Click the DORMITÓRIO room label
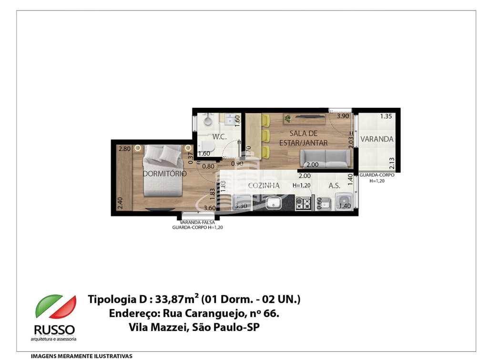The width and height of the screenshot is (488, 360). click(x=165, y=174)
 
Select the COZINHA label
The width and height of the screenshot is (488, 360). click(x=264, y=185)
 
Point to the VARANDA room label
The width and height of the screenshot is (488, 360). click(x=376, y=139)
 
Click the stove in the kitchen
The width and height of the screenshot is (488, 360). click(x=303, y=204)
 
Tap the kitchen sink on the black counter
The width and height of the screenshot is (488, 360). click(x=273, y=204)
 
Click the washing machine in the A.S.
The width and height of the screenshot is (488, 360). click(x=344, y=203)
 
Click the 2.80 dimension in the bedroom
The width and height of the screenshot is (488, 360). click(x=124, y=149)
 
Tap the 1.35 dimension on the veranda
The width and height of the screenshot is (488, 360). click(x=386, y=116)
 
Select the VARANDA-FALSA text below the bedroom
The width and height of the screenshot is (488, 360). click(x=197, y=222)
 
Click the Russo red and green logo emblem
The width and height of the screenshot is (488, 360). click(x=55, y=307)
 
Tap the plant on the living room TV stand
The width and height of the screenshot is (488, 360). click(x=287, y=117)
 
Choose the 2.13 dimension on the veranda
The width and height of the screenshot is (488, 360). click(x=391, y=164)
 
